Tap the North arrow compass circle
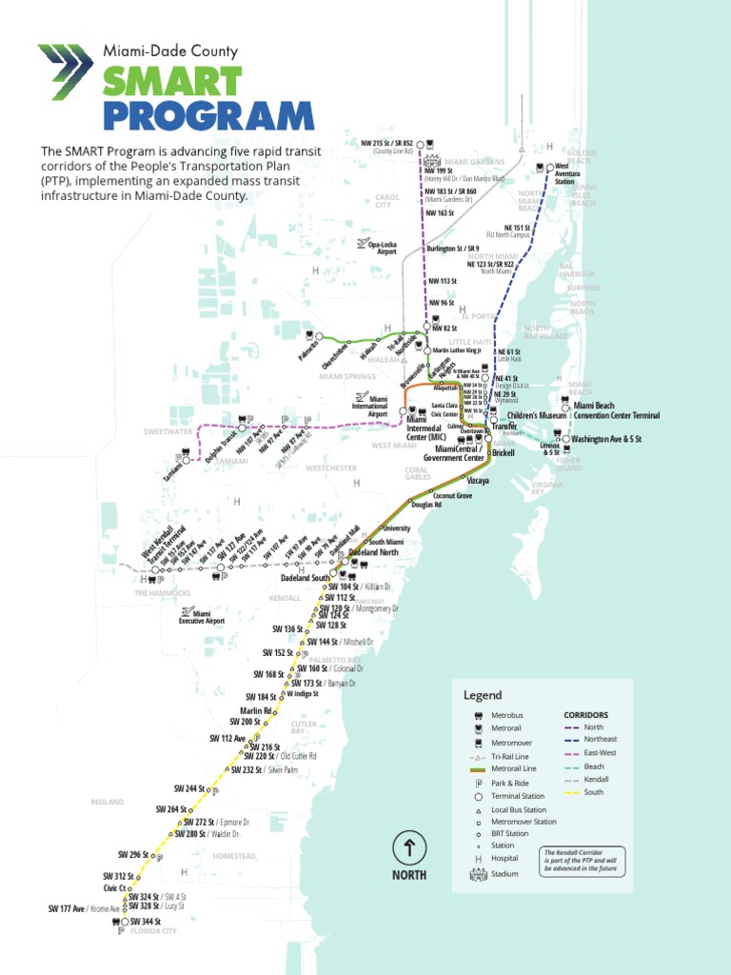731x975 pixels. (409, 846)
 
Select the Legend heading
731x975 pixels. (482, 696)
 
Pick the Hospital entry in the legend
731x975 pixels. (505, 858)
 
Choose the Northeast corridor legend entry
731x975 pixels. (600, 739)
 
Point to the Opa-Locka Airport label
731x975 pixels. (382, 248)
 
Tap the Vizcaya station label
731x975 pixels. (478, 482)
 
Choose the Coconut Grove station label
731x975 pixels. (452, 496)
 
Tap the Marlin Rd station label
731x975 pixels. (256, 710)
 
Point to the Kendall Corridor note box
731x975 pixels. (583, 861)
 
